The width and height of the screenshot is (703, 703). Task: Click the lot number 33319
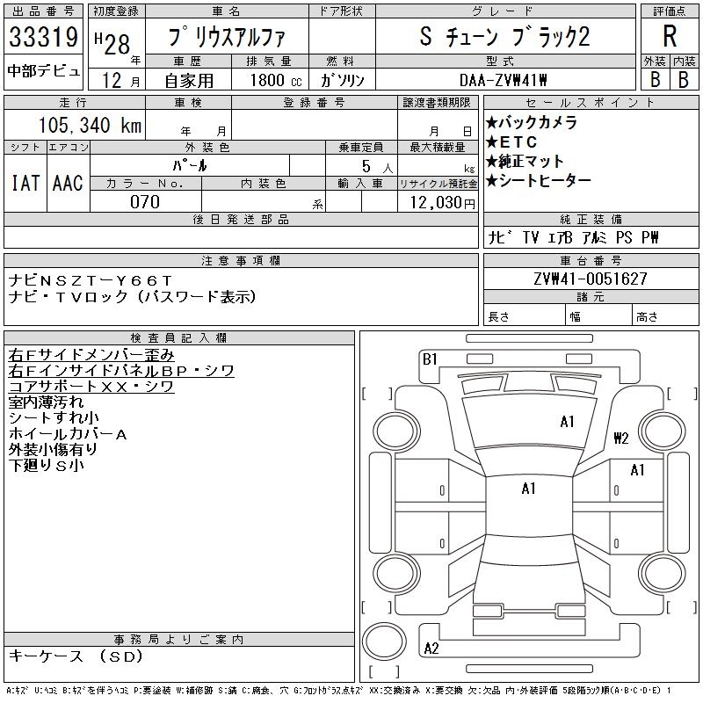point(43,40)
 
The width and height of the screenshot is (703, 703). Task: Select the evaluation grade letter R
point(670,37)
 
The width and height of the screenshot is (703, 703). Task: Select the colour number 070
point(145,202)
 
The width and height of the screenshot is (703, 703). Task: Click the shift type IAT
point(25,183)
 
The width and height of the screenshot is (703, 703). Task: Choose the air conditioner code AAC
point(68,183)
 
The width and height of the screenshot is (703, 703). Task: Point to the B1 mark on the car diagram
point(430,359)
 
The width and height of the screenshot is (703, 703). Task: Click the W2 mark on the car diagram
point(621,438)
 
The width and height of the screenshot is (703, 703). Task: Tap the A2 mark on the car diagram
point(431,649)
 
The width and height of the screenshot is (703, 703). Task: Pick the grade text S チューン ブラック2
point(504,40)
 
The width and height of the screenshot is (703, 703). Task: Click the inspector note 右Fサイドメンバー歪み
point(91,355)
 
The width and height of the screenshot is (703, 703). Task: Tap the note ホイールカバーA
point(68,433)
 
